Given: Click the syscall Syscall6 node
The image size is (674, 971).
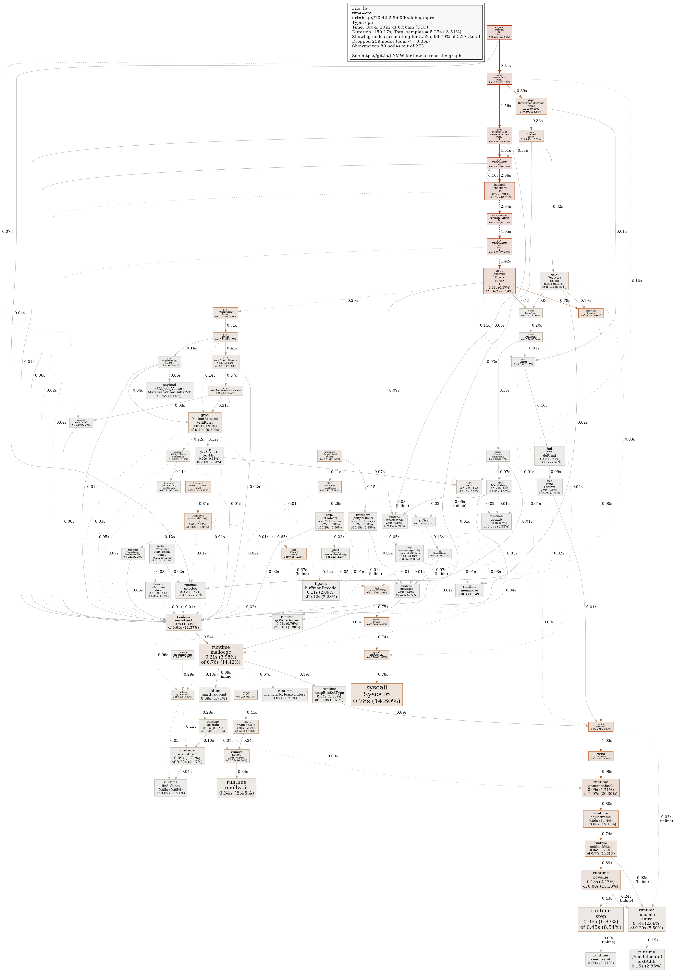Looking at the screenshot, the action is (x=376, y=694).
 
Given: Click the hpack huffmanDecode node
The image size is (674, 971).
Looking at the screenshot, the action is (x=321, y=590).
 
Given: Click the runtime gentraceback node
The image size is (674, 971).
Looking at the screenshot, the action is (x=601, y=787).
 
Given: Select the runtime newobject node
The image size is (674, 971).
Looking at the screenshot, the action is (x=183, y=622).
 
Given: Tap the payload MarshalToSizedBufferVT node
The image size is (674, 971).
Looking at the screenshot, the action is (x=169, y=391).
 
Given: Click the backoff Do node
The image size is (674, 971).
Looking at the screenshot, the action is (x=499, y=191).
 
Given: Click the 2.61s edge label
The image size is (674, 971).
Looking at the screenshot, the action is (x=506, y=66).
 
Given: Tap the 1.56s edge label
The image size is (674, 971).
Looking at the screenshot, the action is (x=506, y=106).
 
